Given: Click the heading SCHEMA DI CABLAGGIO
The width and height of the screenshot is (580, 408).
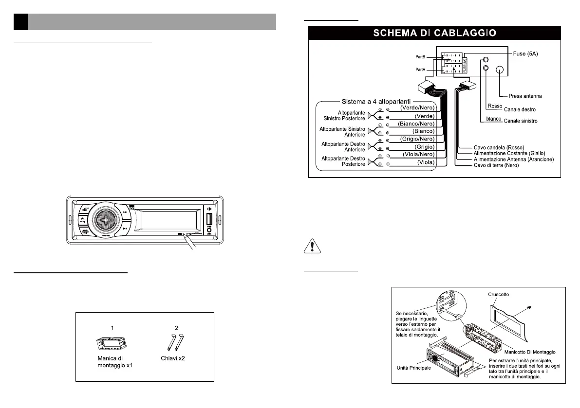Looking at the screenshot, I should coord(435,33).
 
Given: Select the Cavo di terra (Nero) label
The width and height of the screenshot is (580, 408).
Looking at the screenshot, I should coord(496,165).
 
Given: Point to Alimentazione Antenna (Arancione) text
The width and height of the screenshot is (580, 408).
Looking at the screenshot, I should coord(513,159).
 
